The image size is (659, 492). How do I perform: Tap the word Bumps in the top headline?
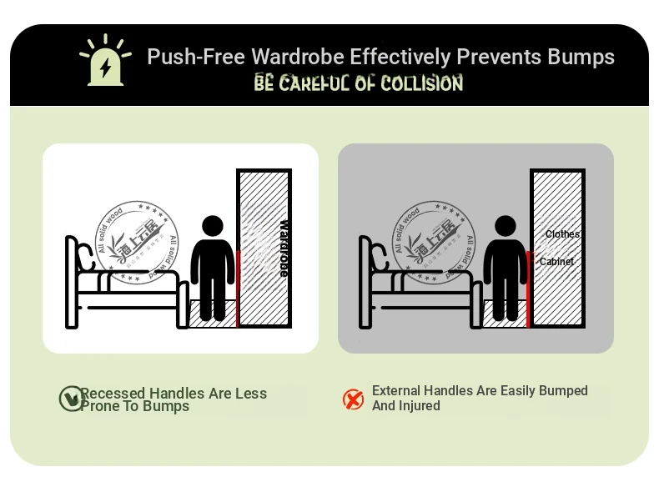click(580, 57)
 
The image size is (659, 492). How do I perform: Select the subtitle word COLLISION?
click(421, 83)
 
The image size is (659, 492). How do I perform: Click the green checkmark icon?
click(70, 399)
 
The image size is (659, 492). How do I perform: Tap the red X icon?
click(354, 399)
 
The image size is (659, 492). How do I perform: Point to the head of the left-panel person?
click(213, 226)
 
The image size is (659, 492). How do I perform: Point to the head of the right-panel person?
click(506, 226)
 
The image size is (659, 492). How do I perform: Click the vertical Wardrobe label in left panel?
click(283, 248)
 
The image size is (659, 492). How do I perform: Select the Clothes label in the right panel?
click(562, 234)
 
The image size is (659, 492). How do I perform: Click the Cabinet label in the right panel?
click(556, 262)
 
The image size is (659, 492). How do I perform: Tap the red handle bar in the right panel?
click(528, 288)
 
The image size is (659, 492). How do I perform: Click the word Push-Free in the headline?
click(196, 57)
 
